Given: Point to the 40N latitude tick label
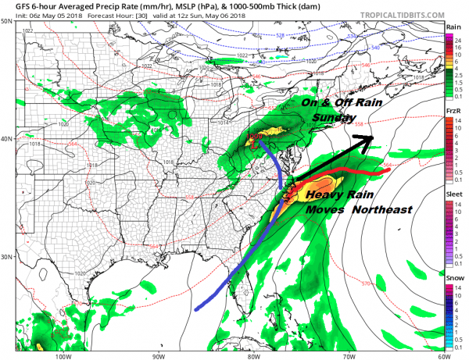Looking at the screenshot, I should point(6,139).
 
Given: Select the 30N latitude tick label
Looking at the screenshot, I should point(6,256).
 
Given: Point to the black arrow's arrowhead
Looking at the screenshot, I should point(366,141).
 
